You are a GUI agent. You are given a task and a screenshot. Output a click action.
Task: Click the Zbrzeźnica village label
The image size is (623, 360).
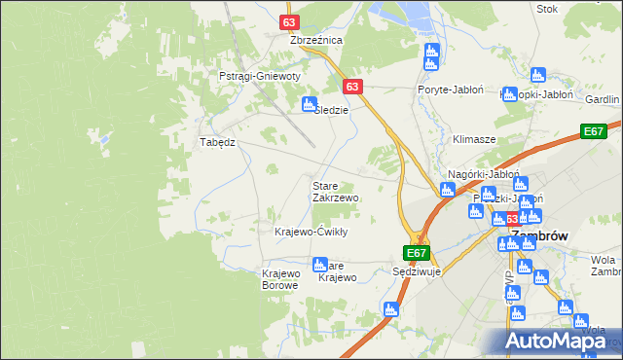[x=316, y=40]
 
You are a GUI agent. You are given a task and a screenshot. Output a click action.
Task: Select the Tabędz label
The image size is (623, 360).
[x=218, y=141]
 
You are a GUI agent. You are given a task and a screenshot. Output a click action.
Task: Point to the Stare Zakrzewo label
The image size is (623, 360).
[x=335, y=191]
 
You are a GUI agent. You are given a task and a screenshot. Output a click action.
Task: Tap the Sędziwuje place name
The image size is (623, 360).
[x=417, y=271]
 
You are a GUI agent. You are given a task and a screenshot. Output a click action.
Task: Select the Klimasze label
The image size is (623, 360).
[x=474, y=139]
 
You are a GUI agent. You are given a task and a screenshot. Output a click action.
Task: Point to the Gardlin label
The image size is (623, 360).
[x=603, y=100]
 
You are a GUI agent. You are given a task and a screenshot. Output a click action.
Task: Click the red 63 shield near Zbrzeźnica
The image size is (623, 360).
[x=289, y=21]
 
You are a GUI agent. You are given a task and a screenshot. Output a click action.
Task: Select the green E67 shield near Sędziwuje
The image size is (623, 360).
[x=417, y=253]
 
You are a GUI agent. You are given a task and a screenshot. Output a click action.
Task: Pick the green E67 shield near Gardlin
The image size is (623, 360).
[x=594, y=131]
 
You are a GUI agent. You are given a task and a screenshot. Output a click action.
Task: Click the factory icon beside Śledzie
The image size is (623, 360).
[x=310, y=104]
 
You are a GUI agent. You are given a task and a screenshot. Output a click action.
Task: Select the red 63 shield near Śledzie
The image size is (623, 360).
[x=352, y=87]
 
